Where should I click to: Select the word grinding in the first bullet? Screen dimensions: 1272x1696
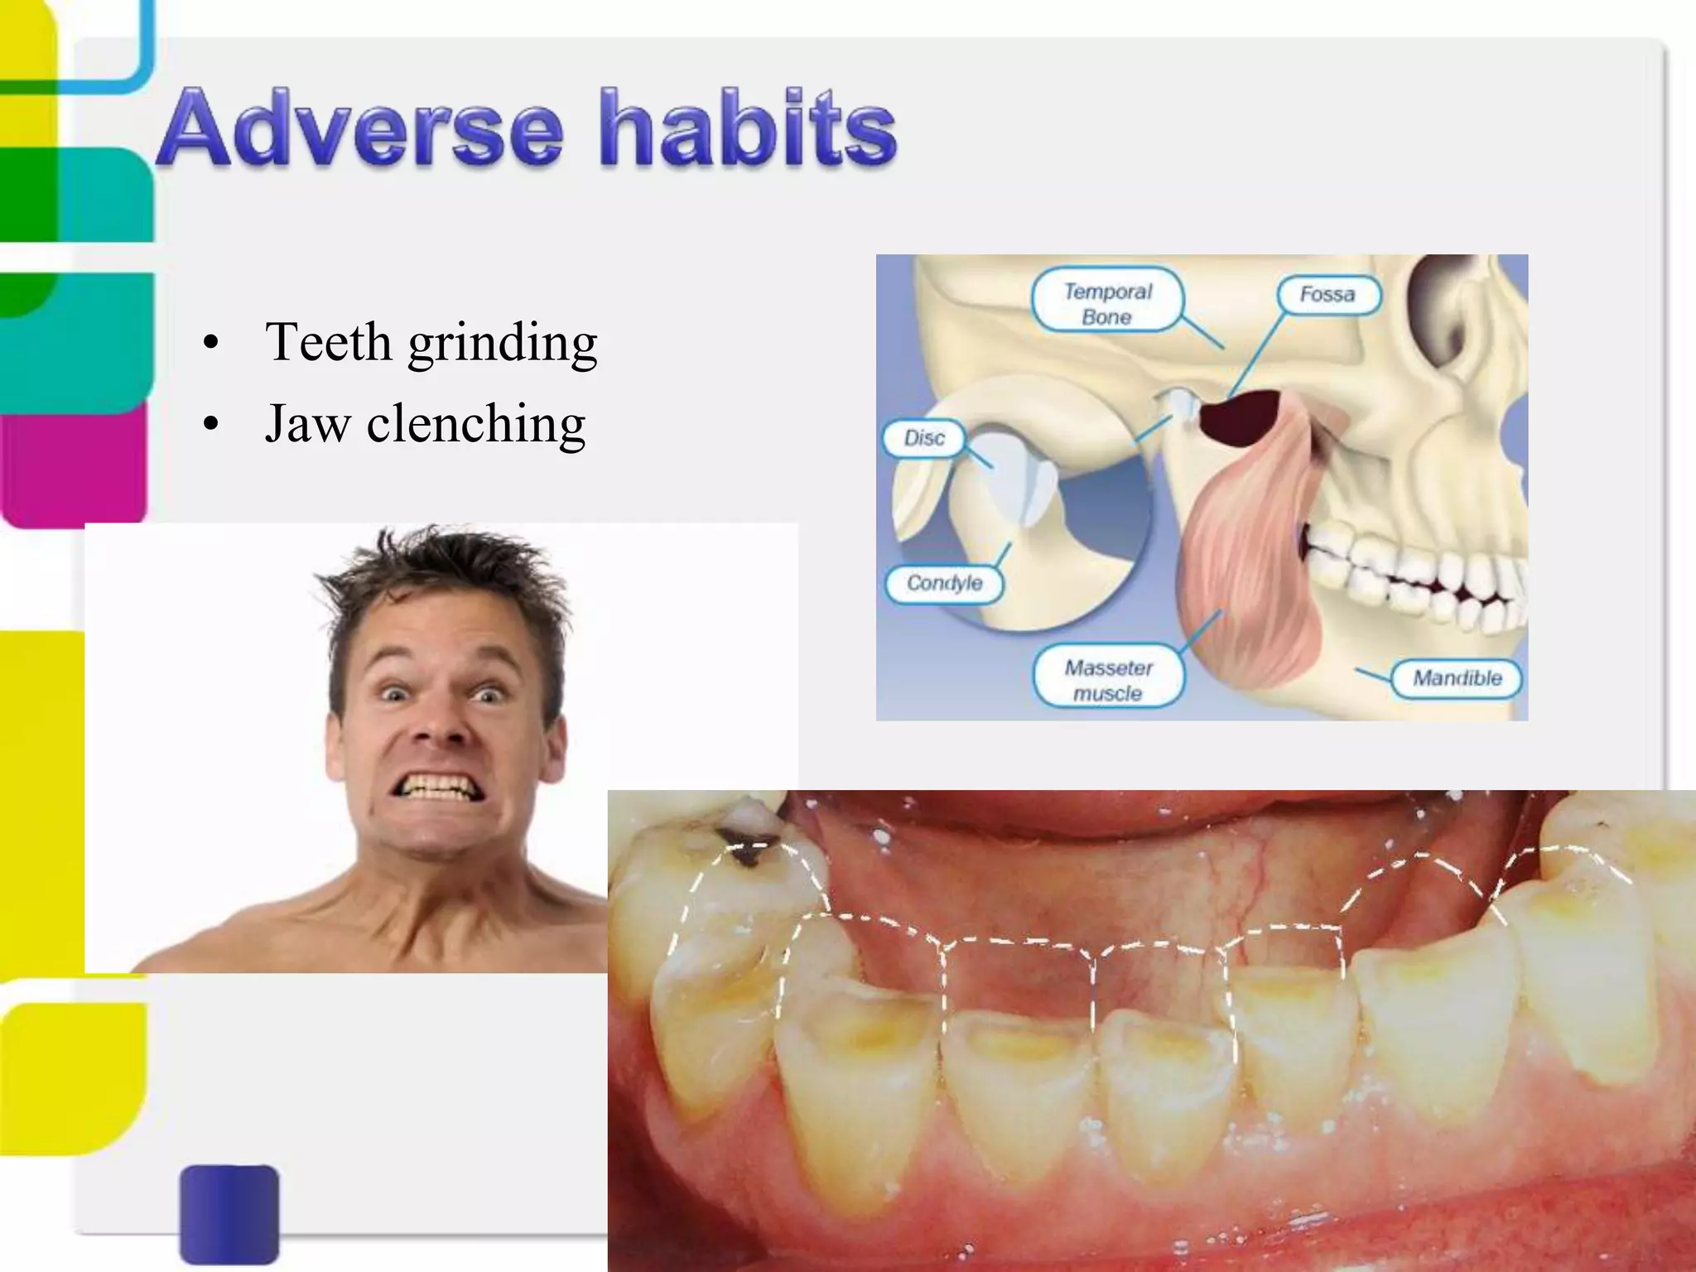coord(502,343)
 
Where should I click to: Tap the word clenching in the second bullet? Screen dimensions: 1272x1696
coord(475,424)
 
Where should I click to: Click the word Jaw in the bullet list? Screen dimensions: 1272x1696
coord(306,424)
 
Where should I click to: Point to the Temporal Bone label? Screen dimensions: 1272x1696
coord(1107,303)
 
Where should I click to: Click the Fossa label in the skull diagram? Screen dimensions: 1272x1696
coord(1327,295)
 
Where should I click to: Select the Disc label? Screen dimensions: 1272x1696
coord(924,438)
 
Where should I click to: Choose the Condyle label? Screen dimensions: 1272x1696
coord(944,584)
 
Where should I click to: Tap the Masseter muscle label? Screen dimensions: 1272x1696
coord(1108,680)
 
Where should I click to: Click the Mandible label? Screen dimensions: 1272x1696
coord(1457,678)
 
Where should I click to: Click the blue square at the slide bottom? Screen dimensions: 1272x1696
coord(229,1213)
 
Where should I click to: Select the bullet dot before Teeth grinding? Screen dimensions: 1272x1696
coord(211,344)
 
